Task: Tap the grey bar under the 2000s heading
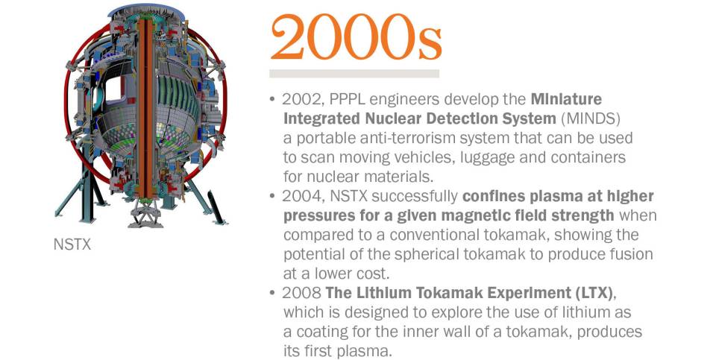(354, 74)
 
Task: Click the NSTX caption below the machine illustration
(72, 244)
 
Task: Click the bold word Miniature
(566, 99)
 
